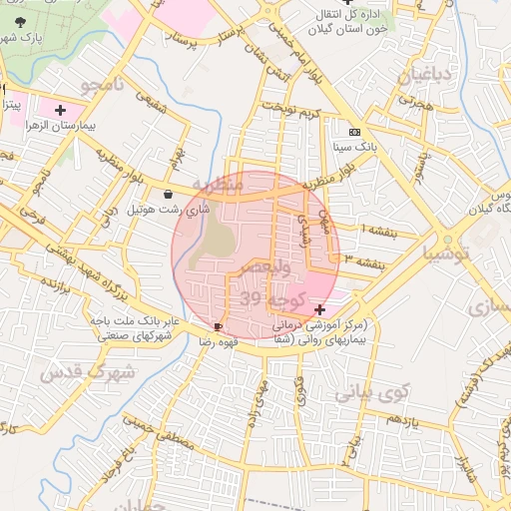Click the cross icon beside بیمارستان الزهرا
pos(61,110)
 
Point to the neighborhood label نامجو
pos(103,85)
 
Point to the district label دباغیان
pos(425,76)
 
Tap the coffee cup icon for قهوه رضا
pos(219,326)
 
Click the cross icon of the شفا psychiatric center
pos(318,310)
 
